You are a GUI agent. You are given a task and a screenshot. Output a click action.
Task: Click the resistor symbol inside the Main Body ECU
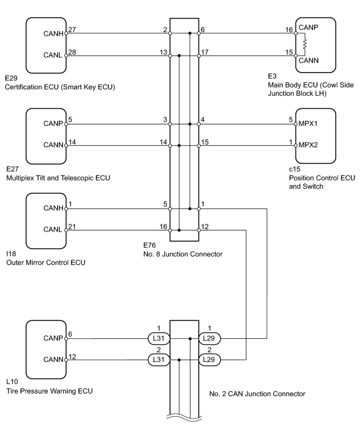click(305, 45)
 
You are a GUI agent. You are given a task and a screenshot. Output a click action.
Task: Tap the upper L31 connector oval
click(158, 338)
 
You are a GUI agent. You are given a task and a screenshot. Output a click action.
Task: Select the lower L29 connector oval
click(209, 360)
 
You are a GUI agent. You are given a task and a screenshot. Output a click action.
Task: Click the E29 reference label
click(11, 78)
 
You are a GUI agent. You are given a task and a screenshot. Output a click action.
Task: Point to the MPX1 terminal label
click(308, 124)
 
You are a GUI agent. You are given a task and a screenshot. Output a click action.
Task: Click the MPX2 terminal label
click(308, 145)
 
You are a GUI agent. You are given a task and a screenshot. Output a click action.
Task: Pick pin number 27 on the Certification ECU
click(72, 30)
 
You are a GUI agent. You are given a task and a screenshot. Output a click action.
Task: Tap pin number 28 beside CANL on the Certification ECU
click(72, 52)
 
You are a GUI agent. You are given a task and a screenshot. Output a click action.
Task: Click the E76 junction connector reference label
click(149, 245)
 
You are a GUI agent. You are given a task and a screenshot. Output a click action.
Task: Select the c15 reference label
click(295, 169)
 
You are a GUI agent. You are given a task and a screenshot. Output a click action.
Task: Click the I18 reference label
click(11, 254)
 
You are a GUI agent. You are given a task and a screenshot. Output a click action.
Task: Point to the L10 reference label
click(12, 382)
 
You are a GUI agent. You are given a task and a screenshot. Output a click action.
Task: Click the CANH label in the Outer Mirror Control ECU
click(53, 208)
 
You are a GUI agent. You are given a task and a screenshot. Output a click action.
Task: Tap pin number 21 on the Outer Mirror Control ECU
click(72, 226)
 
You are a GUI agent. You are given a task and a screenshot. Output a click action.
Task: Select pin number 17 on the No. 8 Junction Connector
click(205, 52)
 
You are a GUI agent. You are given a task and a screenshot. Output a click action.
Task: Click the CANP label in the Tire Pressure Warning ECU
click(53, 338)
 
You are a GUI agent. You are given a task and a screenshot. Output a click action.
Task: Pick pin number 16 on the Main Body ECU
click(289, 30)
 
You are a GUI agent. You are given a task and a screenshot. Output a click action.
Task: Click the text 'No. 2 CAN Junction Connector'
click(257, 394)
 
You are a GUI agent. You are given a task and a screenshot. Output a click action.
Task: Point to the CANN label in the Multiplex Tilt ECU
click(53, 145)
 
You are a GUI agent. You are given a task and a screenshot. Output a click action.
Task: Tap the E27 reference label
click(12, 169)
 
